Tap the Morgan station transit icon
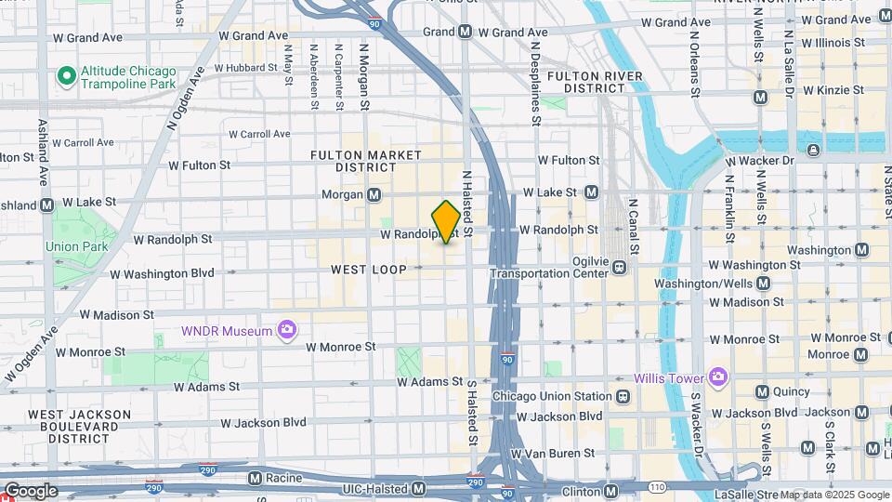(x=374, y=195)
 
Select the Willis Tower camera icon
(x=716, y=376)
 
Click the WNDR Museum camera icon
(x=286, y=330)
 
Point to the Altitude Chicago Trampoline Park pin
(x=65, y=74)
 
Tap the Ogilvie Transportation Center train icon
(x=618, y=268)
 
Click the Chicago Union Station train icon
(x=623, y=396)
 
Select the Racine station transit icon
(x=255, y=478)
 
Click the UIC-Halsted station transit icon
(x=418, y=488)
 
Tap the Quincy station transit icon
(x=762, y=391)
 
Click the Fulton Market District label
(x=366, y=161)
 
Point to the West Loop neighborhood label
(x=369, y=270)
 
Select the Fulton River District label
(x=594, y=82)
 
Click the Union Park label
(x=76, y=246)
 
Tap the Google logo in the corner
(x=31, y=490)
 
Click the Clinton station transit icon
(x=610, y=490)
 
